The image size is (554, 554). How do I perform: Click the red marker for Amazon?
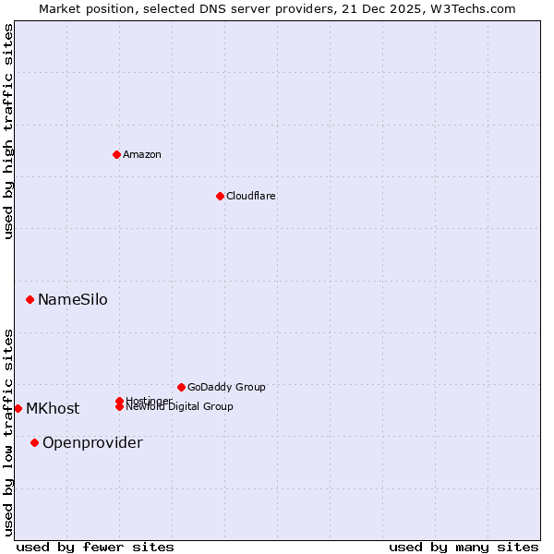coord(116,154)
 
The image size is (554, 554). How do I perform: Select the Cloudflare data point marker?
coord(220,196)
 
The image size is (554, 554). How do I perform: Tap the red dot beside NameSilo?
coord(30,299)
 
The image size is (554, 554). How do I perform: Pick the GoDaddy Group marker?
coord(181,387)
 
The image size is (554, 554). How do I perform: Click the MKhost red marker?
coord(18,408)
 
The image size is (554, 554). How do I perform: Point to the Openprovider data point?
coord(34,442)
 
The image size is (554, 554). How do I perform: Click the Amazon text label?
coord(142,154)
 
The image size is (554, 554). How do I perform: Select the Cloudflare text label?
coord(251,196)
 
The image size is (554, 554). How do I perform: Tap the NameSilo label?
coord(72,299)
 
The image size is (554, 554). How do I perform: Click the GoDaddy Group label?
coord(226,387)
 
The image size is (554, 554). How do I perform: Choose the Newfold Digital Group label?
coord(179,407)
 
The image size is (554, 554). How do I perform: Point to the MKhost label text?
coord(53,408)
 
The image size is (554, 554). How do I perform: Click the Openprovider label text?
coord(92,442)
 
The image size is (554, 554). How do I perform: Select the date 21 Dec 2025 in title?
coord(397,8)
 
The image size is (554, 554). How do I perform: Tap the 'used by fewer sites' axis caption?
coord(95,547)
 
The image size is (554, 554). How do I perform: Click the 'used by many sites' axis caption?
coord(464,547)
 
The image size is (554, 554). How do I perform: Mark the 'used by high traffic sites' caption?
coord(8,131)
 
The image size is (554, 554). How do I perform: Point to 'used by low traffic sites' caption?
coord(8,432)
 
